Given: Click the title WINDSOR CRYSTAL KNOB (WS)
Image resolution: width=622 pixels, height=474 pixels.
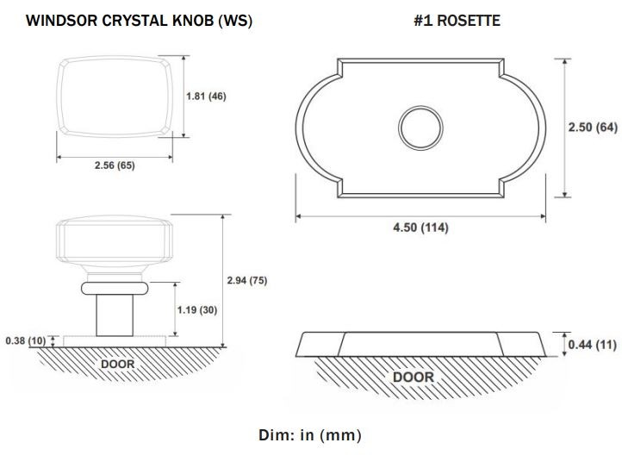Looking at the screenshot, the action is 139,21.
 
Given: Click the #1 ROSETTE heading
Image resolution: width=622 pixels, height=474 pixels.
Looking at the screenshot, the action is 457,21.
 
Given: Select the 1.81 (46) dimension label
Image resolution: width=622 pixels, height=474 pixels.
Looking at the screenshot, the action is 206,96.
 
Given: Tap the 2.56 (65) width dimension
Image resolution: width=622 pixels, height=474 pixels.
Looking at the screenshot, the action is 115,165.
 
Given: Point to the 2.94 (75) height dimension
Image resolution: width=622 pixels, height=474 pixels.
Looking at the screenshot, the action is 247,280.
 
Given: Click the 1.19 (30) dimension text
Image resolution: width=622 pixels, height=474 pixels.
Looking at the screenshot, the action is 197,309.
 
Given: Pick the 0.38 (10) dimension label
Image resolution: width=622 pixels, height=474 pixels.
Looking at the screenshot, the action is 26,340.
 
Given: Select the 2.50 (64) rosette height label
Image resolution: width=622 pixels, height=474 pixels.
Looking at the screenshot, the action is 593,127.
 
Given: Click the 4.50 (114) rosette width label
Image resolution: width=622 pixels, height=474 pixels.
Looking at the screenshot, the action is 420,228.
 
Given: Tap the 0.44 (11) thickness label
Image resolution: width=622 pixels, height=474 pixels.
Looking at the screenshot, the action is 592,344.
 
